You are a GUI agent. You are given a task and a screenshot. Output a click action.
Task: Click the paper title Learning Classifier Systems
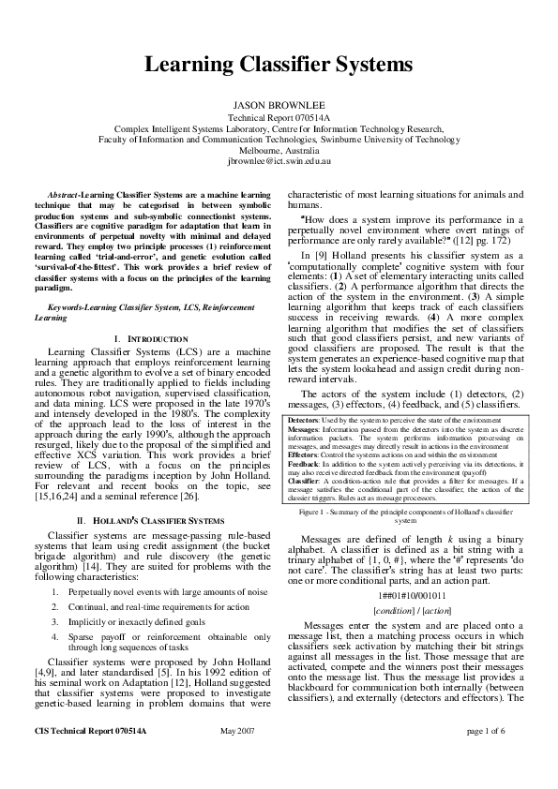pos(278,65)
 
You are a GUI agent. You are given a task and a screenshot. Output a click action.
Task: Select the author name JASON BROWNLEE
pos(279,106)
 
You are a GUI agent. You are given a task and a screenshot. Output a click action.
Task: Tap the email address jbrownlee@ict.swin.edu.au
pos(279,160)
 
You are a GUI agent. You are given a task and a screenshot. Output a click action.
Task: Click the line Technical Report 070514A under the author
pos(279,119)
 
